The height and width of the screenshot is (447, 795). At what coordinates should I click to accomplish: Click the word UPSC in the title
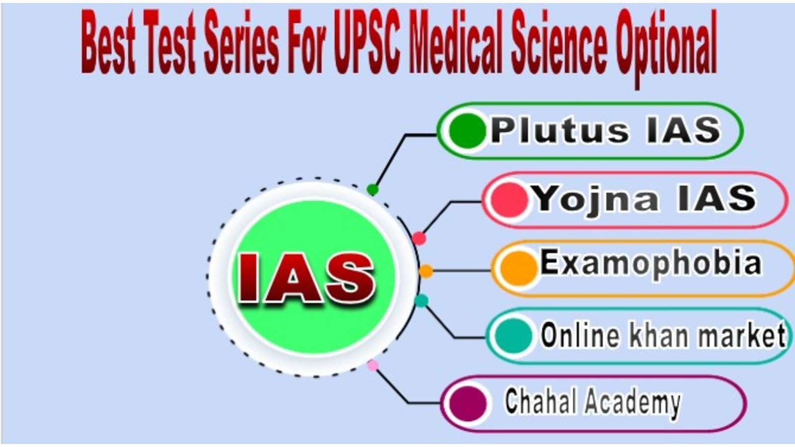tap(367, 42)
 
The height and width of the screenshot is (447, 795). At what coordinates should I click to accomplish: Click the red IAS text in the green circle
tap(306, 278)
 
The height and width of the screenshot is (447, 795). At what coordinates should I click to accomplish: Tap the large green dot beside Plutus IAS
tap(466, 131)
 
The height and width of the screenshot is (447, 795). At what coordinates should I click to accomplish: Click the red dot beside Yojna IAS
tap(509, 200)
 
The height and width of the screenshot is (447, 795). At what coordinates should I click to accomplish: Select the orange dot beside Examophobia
tap(518, 268)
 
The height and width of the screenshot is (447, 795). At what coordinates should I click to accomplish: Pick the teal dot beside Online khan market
tap(514, 336)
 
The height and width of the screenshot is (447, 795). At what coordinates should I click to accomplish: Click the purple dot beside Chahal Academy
tap(468, 403)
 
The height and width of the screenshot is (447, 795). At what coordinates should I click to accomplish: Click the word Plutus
tap(559, 131)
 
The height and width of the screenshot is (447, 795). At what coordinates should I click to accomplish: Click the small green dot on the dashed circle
tap(373, 189)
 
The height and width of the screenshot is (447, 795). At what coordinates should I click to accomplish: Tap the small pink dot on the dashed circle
tap(373, 366)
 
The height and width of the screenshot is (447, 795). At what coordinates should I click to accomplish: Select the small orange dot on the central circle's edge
tap(426, 271)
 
